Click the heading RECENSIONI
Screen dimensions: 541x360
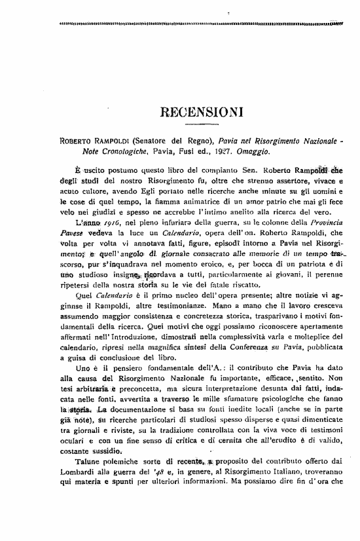tap(201, 110)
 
